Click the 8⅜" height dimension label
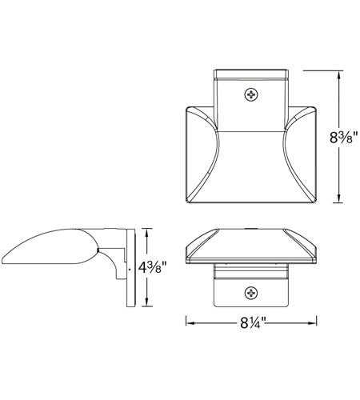pyautogui.click(x=343, y=138)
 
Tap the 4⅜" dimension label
pyautogui.click(x=152, y=267)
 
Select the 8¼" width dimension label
pyautogui.click(x=250, y=323)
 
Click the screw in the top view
pyautogui.click(x=251, y=94)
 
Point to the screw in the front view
pyautogui.click(x=251, y=293)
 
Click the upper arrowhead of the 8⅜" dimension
pyautogui.click(x=339, y=74)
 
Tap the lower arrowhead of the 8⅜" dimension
pyautogui.click(x=339, y=198)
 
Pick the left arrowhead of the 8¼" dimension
pyautogui.click(x=190, y=323)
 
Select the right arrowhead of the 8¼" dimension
pyautogui.click(x=312, y=323)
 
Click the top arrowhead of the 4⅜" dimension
pyautogui.click(x=146, y=233)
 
